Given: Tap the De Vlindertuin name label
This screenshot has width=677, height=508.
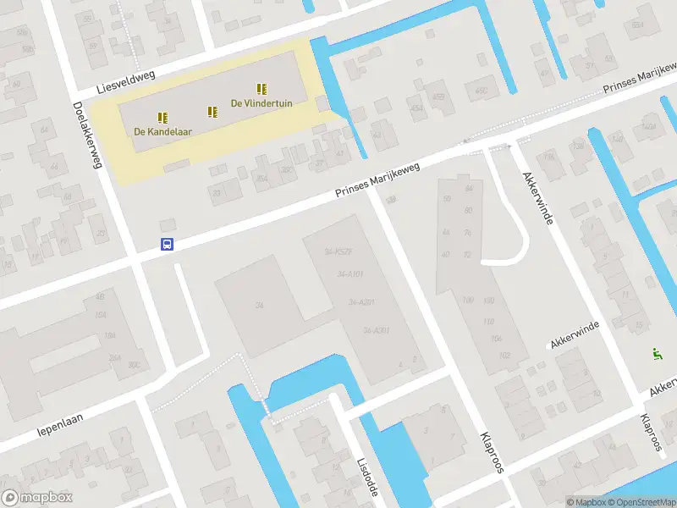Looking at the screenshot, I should [262, 103].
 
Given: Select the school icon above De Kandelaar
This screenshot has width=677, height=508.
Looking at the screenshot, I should [162, 118].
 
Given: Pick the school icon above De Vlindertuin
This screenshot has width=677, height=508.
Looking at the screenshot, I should [261, 89].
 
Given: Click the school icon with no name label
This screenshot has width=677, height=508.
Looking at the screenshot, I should [212, 111].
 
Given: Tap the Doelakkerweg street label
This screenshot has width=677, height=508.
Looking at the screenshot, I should [87, 135].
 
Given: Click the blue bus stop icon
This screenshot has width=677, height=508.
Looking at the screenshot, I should [168, 245].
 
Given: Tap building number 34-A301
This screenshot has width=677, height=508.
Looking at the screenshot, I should [376, 330].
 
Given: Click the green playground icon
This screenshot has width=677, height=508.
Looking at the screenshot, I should [655, 353].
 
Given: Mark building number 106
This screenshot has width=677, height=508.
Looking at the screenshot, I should [497, 339].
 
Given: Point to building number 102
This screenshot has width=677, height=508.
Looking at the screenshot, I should [505, 356].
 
